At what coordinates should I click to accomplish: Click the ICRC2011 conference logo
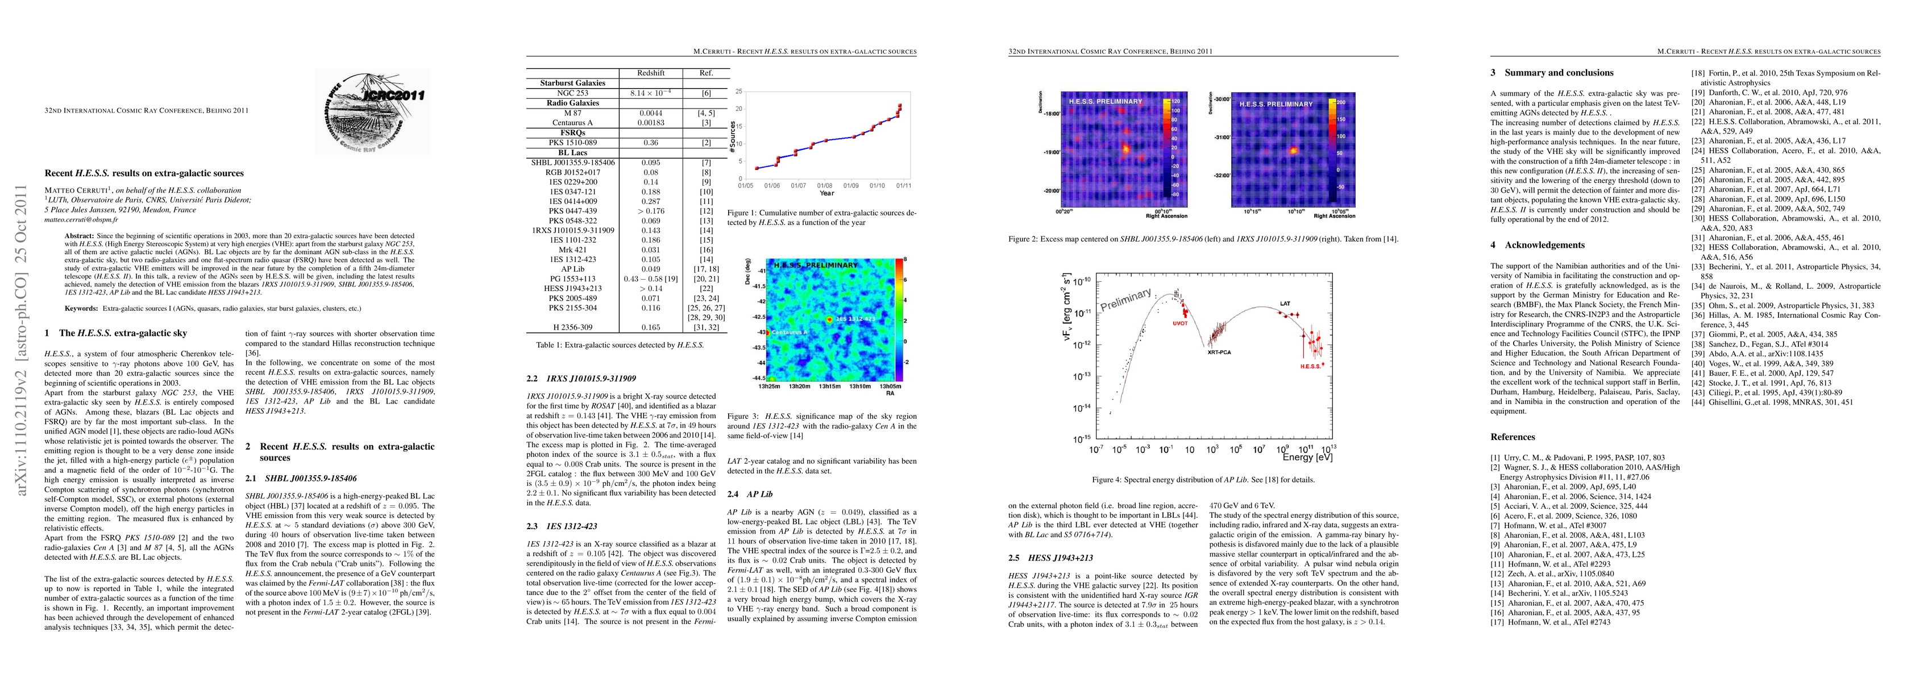tap(372, 111)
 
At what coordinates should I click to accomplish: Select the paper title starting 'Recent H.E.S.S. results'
tap(144, 173)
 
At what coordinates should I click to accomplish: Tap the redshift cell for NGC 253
tap(651, 93)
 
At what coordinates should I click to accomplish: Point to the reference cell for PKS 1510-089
tap(705, 142)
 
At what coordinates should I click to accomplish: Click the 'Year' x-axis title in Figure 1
tap(826, 193)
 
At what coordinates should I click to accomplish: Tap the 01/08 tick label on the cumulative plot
tap(825, 185)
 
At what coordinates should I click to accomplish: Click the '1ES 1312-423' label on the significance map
tap(855, 319)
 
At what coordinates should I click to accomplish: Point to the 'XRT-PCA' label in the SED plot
tap(1219, 351)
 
